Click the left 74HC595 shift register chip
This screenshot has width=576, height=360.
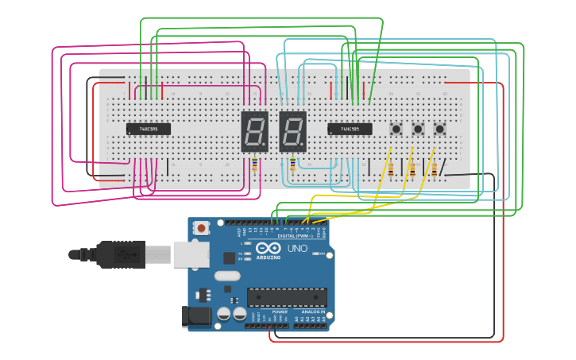click(148, 129)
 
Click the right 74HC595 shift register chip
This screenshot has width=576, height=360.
click(350, 129)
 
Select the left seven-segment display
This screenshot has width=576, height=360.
click(254, 131)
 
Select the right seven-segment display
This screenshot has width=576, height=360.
click(292, 131)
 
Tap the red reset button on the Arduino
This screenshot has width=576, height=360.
click(202, 228)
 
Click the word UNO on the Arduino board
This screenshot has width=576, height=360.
click(296, 249)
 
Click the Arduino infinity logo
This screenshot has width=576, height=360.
click(268, 249)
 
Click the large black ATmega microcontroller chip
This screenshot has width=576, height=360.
click(287, 297)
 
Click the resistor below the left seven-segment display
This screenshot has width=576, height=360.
click(254, 165)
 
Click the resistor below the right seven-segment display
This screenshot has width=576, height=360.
click(292, 165)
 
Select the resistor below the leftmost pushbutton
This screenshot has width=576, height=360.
click(390, 168)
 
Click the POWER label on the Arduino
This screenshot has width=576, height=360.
click(280, 312)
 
